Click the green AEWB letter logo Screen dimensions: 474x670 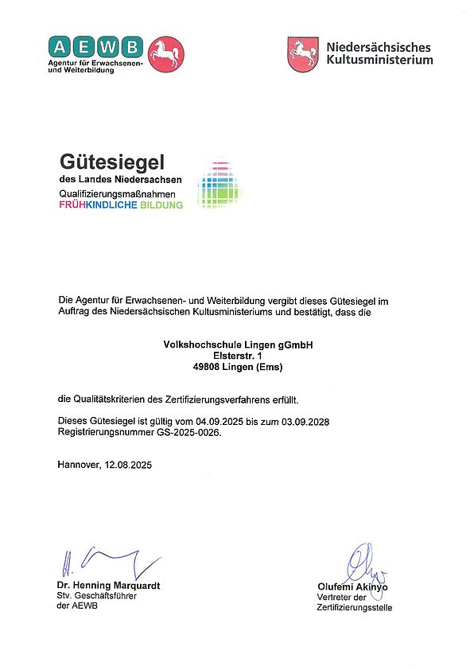click(x=95, y=46)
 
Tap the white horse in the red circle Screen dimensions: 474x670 click(x=166, y=54)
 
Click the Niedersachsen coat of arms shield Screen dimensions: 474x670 click(x=303, y=53)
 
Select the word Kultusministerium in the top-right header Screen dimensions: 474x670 click(x=379, y=60)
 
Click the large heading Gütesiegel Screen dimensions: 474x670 click(x=111, y=162)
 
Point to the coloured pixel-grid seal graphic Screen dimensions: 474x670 click(x=219, y=185)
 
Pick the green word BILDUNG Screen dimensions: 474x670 click(x=161, y=205)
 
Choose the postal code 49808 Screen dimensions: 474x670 click(x=208, y=367)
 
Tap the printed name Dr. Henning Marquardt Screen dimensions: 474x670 click(x=108, y=586)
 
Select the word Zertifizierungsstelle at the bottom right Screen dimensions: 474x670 click(x=354, y=608)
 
